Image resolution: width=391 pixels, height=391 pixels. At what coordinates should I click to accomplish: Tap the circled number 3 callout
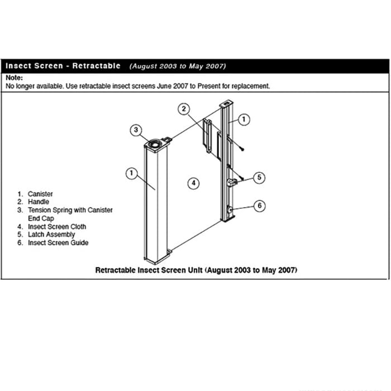136,130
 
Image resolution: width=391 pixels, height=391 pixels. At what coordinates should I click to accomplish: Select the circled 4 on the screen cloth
192,183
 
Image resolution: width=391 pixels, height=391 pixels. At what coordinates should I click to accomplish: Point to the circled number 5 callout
259,177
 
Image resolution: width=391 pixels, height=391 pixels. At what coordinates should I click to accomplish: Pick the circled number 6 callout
259,206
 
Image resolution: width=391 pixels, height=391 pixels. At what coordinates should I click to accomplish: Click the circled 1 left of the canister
131,173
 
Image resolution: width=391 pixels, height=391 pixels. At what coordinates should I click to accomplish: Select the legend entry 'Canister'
40,194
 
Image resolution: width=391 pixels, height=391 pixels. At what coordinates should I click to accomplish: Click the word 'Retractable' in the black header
96,66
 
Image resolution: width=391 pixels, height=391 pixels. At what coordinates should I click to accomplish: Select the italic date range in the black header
178,66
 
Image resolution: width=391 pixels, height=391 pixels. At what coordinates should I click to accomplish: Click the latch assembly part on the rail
233,182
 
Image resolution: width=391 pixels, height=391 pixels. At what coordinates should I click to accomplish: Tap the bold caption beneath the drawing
196,270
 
